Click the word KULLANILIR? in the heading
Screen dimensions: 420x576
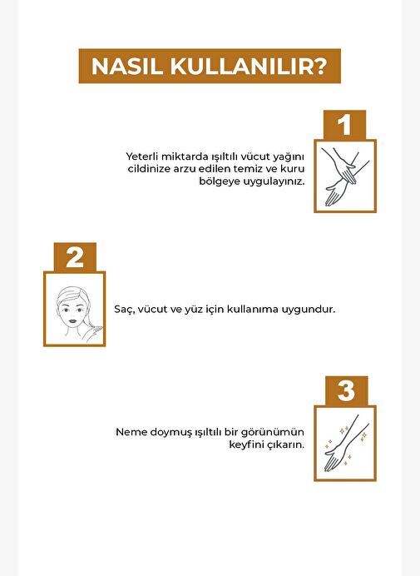(x=248, y=67)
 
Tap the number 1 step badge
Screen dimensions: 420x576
(x=344, y=125)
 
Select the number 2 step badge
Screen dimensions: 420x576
(x=75, y=257)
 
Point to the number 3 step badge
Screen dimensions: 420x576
(x=346, y=391)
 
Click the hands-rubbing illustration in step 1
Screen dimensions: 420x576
(x=345, y=176)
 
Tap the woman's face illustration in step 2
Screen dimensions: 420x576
(x=75, y=309)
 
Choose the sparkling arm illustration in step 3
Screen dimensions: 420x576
(x=345, y=444)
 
